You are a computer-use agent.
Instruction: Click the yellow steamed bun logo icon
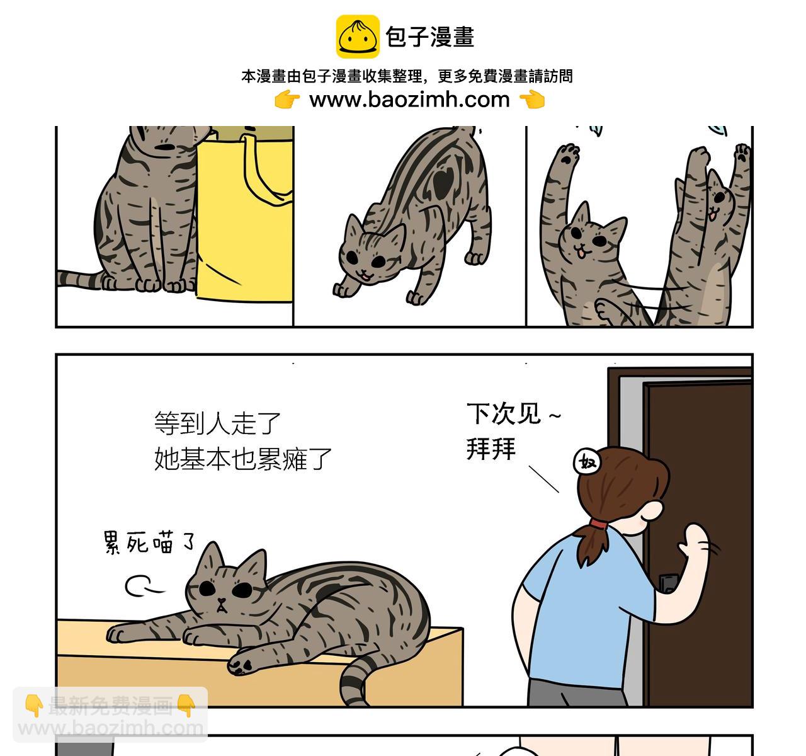coord(357,37)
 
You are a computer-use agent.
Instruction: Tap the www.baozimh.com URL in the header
coord(409,100)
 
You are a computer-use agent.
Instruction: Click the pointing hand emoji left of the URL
coord(287,100)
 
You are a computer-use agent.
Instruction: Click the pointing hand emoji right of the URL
coord(532,100)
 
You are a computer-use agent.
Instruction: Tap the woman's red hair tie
coord(598,524)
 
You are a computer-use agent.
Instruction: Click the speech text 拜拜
coord(491,449)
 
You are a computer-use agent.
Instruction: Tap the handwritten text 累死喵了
coord(149,542)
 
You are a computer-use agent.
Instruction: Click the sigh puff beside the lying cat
coord(141,587)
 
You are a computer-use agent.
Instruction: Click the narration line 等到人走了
coord(217,423)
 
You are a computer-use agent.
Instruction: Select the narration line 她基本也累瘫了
coord(243,459)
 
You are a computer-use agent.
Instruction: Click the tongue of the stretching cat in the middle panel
coord(363,275)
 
